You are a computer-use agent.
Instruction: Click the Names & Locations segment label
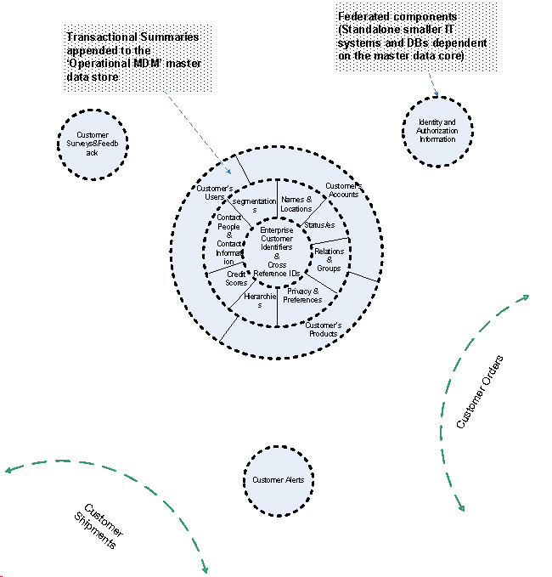pos(296,204)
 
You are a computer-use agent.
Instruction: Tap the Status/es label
pos(319,224)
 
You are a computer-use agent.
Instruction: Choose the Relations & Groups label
pos(328,260)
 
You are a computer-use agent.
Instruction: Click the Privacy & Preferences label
pos(302,295)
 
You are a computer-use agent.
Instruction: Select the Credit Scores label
pos(237,278)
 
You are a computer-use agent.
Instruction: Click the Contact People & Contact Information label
pos(229,240)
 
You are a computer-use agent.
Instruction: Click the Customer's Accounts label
pos(344,190)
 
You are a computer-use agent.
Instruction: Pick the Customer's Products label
pos(324,330)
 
